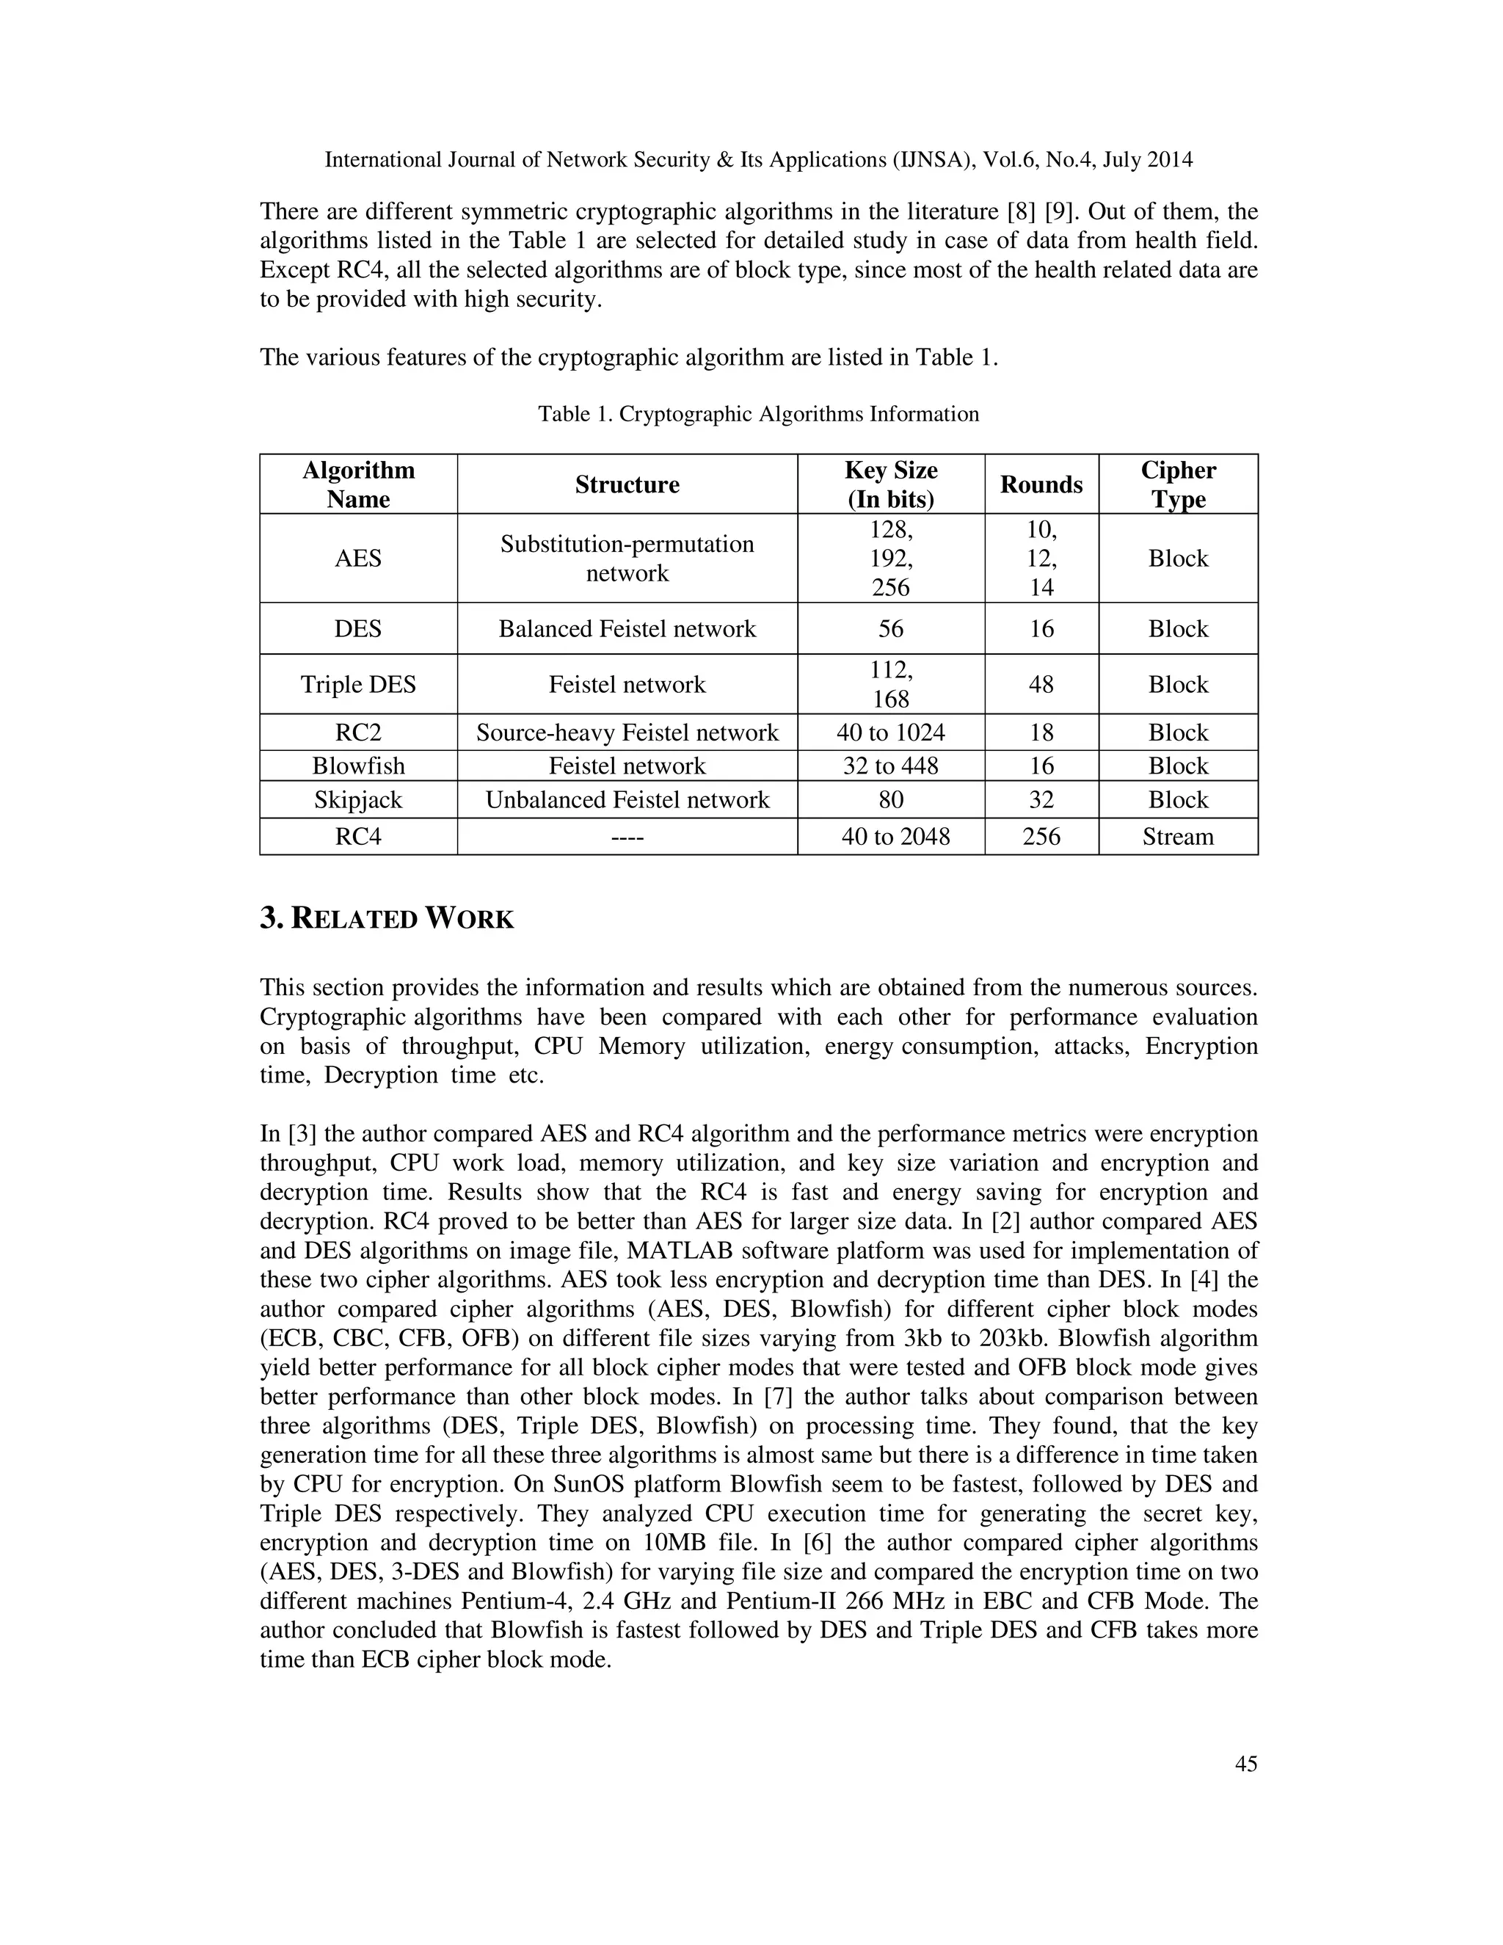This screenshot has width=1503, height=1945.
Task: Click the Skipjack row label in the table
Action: point(358,800)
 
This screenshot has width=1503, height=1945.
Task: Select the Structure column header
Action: point(627,484)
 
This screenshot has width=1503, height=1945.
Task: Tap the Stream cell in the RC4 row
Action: point(1177,836)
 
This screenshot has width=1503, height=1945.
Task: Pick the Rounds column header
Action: point(1041,484)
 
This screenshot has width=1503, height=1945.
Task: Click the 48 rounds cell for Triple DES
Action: point(1041,684)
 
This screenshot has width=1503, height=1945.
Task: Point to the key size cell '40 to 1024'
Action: point(890,732)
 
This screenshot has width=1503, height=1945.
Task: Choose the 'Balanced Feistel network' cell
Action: point(627,629)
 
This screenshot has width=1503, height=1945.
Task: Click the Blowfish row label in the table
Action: point(358,766)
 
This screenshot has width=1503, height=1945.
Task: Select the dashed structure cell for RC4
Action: point(627,836)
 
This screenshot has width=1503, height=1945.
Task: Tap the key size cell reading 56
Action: point(890,629)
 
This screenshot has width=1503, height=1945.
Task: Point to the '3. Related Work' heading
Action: point(387,918)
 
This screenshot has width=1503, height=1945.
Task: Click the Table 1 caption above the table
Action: point(757,414)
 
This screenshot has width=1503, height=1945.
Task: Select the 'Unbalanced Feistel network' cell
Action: point(627,800)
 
